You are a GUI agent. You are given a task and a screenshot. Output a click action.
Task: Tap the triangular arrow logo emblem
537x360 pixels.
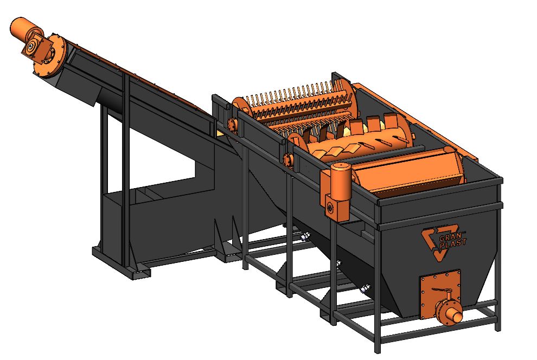pos(435,243)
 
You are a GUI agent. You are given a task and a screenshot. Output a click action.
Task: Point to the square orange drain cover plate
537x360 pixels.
pos(440,291)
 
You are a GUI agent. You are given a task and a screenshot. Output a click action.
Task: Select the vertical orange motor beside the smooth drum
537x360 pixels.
pos(341,179)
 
